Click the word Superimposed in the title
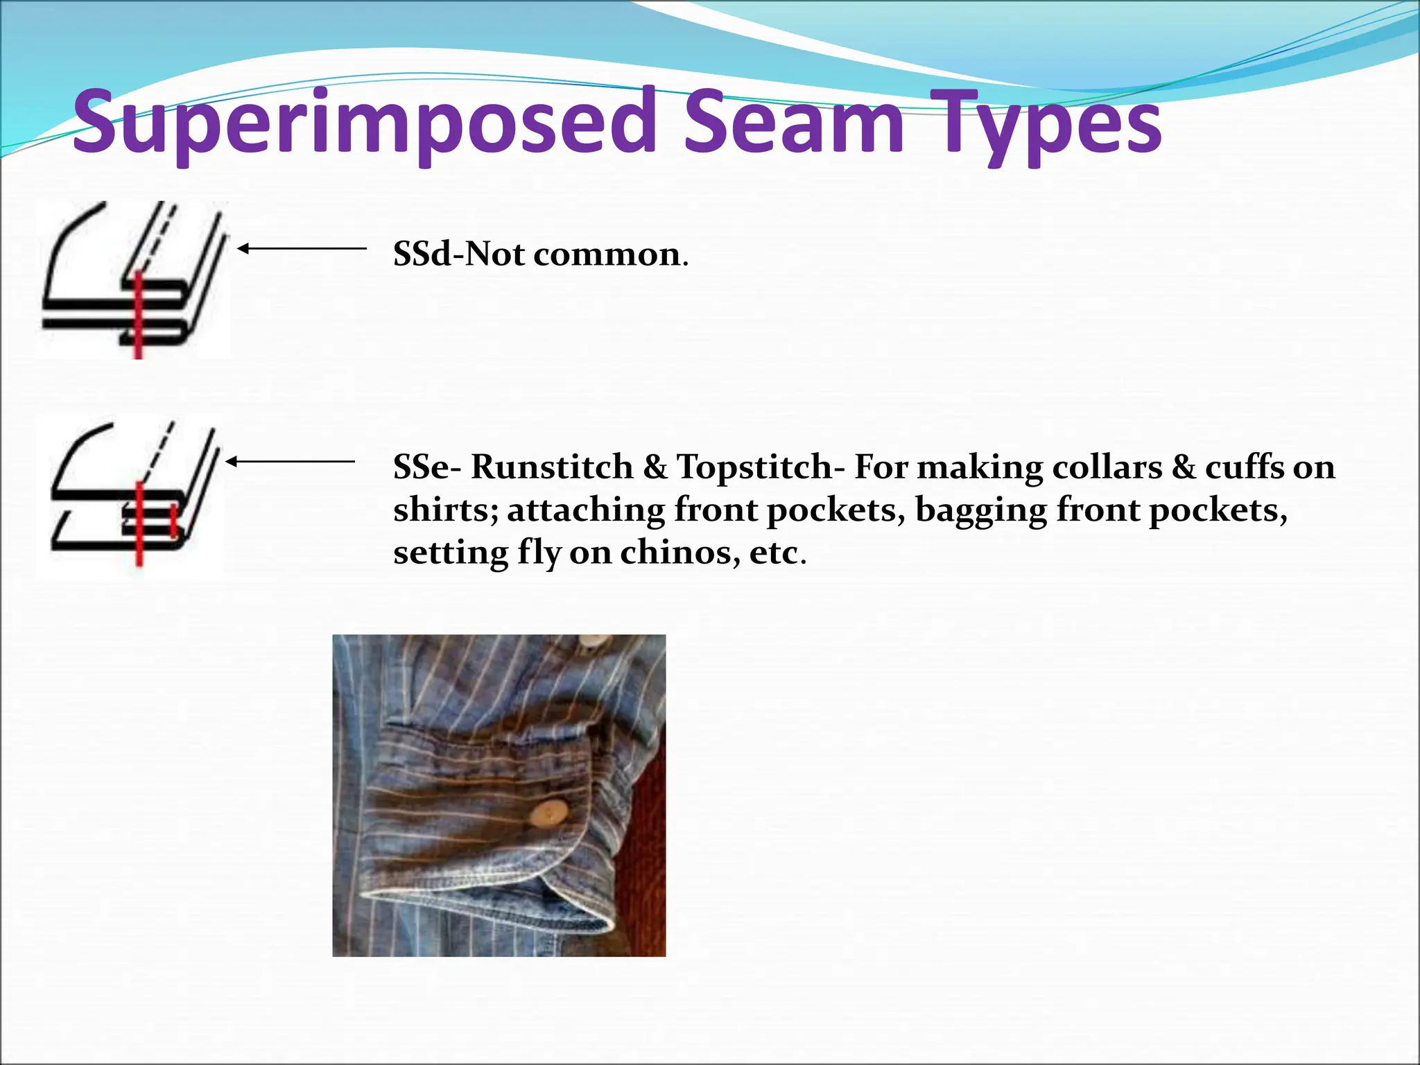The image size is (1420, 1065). pos(364,123)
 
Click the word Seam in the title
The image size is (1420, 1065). pos(793,123)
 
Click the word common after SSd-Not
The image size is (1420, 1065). pos(606,254)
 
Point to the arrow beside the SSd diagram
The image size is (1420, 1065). pos(302,248)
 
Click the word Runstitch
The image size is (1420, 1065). pos(552,467)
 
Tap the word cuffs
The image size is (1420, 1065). pos(1245,467)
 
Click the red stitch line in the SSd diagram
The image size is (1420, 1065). pos(138,315)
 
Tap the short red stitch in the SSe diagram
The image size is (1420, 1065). pos(173,521)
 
